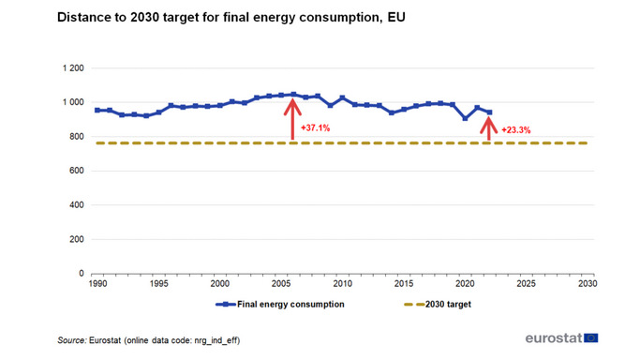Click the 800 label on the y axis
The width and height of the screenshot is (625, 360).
click(x=76, y=137)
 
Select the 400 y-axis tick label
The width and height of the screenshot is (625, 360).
click(x=76, y=205)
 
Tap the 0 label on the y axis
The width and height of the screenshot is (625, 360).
click(x=82, y=274)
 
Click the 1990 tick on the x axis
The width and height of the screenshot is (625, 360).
click(x=97, y=282)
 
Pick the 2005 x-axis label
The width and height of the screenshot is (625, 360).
click(x=280, y=282)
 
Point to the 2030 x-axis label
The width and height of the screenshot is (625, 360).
click(x=588, y=282)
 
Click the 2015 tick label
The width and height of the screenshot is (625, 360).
click(x=403, y=282)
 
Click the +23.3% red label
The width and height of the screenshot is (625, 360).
click(x=516, y=130)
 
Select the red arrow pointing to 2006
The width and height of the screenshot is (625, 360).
click(x=292, y=119)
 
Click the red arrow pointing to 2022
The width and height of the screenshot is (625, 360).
click(x=488, y=128)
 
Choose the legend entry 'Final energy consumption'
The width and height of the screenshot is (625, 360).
click(x=282, y=305)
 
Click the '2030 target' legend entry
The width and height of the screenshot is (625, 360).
click(x=439, y=305)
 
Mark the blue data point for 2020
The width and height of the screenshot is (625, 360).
click(x=465, y=118)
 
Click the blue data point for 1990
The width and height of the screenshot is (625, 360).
click(x=97, y=111)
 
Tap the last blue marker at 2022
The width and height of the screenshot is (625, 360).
click(x=489, y=112)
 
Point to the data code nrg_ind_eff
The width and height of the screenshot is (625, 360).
click(x=217, y=340)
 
